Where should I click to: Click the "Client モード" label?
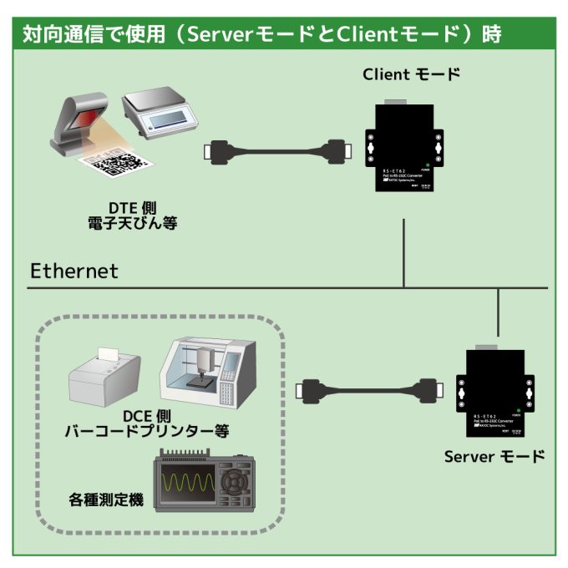tap(411, 74)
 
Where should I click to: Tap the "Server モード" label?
tap(494, 456)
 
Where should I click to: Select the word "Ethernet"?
tap(74, 271)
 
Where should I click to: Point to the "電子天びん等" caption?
tap(133, 223)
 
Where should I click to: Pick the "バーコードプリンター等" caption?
tap(147, 432)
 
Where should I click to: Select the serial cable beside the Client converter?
tap(275, 151)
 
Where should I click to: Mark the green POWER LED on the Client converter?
tap(427, 165)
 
